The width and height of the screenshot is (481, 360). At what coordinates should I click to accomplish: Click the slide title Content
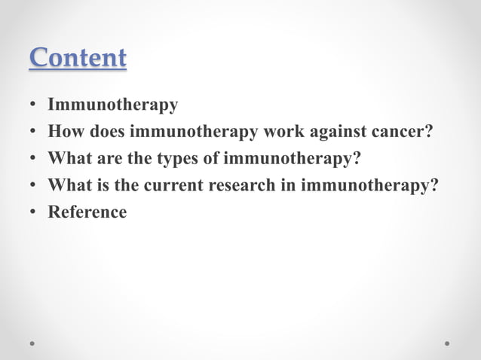[x=78, y=58]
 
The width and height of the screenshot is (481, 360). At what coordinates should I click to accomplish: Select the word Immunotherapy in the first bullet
[x=113, y=105]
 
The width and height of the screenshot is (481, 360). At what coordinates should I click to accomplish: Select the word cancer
[x=403, y=132]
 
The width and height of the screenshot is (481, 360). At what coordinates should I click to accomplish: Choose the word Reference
[x=87, y=212]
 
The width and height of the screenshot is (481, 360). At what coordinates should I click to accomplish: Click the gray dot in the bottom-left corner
[x=32, y=343]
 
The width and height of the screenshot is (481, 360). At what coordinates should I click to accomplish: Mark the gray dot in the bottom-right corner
[x=447, y=343]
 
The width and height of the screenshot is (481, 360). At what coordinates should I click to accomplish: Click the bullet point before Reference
[x=34, y=212]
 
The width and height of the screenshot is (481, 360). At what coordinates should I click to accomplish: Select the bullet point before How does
[x=34, y=133]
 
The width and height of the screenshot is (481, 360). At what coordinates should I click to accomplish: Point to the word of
[x=212, y=159]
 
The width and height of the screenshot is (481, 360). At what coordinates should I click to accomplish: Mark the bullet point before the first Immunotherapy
[x=34, y=105]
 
